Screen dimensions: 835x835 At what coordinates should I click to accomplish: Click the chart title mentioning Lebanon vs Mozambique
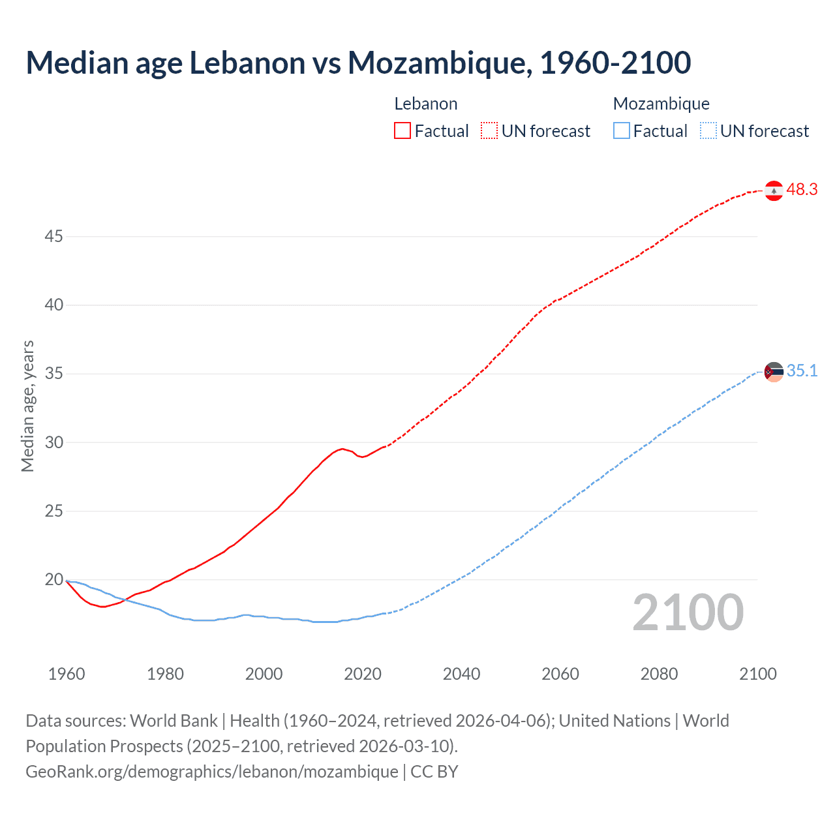click(358, 63)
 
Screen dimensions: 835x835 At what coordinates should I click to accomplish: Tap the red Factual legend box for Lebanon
click(402, 130)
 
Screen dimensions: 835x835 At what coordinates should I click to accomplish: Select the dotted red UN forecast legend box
click(489, 130)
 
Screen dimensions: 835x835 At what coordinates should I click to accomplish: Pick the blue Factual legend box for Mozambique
click(621, 130)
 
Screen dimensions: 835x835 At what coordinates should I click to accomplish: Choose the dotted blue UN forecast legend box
click(708, 130)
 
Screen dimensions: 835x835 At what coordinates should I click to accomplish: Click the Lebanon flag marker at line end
click(774, 190)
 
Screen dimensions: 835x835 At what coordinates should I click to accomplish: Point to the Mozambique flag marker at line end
click(774, 372)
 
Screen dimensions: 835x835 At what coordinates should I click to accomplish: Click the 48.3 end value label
click(802, 190)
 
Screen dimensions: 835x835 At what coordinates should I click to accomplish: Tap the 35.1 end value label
click(802, 371)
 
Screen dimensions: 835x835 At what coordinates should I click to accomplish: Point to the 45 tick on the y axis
click(53, 236)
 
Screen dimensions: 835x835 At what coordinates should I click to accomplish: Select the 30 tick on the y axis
click(53, 442)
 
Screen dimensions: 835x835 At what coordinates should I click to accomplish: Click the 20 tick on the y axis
click(53, 579)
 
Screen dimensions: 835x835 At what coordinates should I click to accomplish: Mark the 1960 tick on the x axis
click(67, 674)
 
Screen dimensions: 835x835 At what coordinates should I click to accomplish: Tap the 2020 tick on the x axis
click(363, 674)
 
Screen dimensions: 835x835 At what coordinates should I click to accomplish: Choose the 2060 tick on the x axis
click(560, 674)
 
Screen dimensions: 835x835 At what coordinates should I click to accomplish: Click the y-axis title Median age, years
click(27, 406)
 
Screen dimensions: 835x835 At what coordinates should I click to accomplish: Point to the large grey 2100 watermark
click(688, 613)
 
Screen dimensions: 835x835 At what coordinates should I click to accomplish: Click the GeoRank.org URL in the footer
click(212, 771)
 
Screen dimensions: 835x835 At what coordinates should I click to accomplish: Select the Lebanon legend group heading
click(426, 104)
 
